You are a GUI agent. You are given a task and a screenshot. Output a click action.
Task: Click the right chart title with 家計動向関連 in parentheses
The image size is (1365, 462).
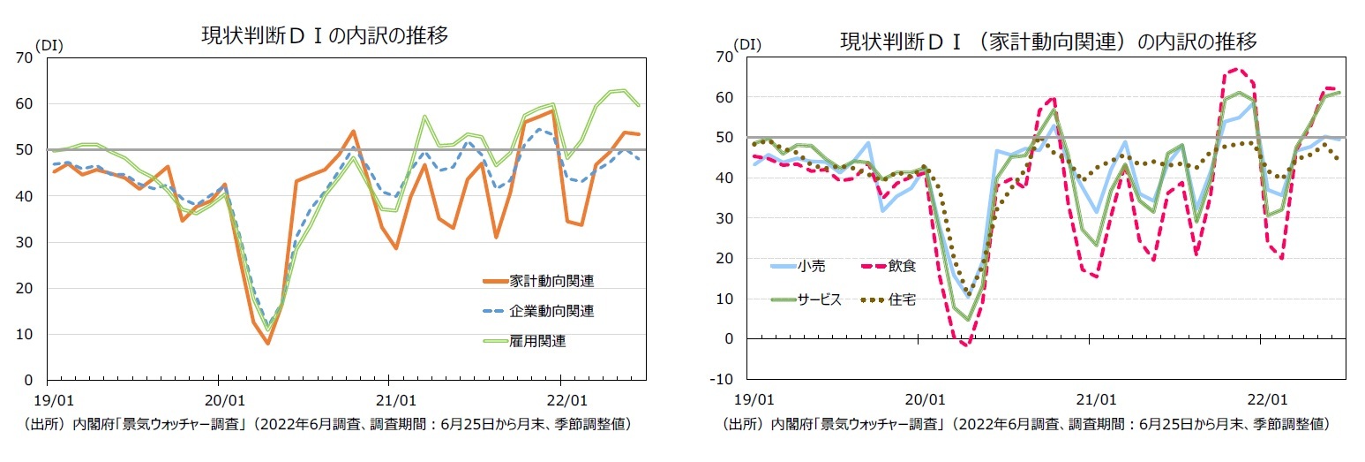tap(1048, 42)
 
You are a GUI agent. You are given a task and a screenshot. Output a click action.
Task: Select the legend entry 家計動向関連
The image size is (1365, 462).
tap(551, 281)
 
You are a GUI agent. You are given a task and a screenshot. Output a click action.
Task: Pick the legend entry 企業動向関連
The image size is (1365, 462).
tap(551, 311)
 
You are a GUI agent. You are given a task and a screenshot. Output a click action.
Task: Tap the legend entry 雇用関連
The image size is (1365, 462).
tap(537, 341)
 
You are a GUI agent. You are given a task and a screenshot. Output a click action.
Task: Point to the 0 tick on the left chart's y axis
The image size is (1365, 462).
tap(29, 381)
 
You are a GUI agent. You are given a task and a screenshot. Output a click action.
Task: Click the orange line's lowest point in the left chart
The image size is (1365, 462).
tap(267, 343)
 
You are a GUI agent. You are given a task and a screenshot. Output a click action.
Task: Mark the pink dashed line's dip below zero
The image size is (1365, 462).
tap(965, 345)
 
